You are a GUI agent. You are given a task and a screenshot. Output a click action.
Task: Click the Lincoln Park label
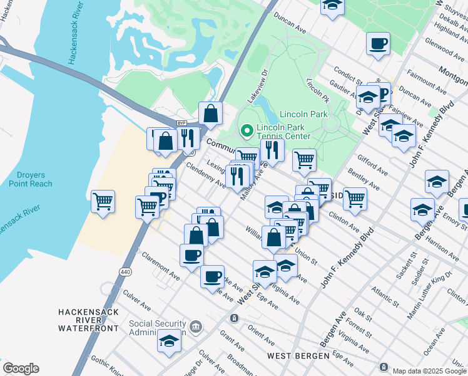[303, 115]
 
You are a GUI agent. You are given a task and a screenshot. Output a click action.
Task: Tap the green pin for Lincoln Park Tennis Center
[247, 131]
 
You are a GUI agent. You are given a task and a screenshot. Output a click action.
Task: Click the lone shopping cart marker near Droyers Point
[103, 202]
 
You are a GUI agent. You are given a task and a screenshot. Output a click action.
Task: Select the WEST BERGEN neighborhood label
[298, 356]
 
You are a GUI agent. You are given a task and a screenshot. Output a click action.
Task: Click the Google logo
[21, 368]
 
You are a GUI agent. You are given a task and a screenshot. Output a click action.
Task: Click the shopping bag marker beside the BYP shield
[211, 113]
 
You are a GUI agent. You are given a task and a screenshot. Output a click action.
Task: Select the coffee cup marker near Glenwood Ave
[378, 44]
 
